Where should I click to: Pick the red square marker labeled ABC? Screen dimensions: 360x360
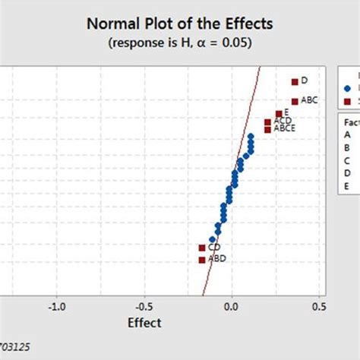tap(295, 101)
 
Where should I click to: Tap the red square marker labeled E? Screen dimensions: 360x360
tap(279, 114)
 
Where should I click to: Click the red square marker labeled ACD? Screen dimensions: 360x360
tap(268, 122)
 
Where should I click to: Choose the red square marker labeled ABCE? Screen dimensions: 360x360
tap(267, 130)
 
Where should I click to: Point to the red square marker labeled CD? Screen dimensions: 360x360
tap(202, 248)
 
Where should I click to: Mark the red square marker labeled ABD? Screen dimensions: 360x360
tap(202, 260)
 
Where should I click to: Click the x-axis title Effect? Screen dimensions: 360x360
tap(144, 323)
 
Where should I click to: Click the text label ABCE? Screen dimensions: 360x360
tap(285, 129)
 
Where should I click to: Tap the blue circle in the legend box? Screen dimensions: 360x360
tap(347, 89)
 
